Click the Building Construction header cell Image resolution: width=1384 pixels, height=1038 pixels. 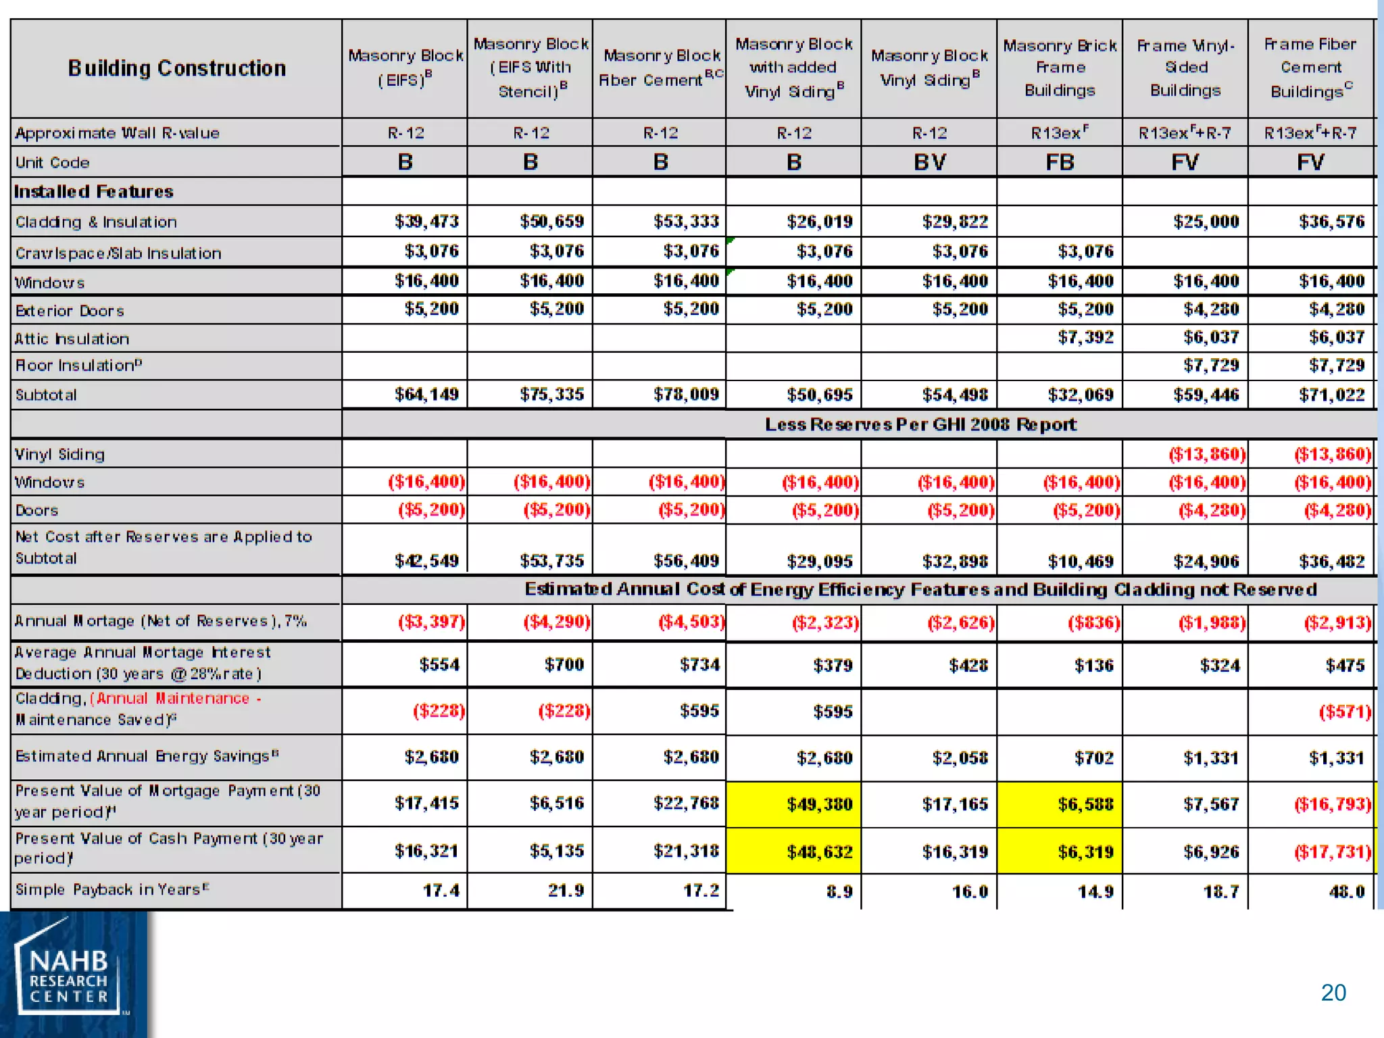tap(176, 68)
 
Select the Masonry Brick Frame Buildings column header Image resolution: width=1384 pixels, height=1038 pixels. tap(1059, 68)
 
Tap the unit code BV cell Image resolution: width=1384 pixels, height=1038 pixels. tap(929, 162)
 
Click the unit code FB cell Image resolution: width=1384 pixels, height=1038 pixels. tap(1059, 162)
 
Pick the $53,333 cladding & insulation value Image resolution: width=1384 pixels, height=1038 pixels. tap(685, 222)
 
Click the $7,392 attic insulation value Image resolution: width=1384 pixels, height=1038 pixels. tap(1085, 337)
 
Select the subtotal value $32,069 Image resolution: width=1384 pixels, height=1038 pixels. tap(1080, 395)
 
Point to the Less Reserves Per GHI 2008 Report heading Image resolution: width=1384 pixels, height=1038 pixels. tap(920, 424)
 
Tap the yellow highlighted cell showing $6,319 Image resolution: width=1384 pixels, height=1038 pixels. tap(1085, 852)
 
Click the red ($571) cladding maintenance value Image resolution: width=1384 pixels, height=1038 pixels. tap(1344, 712)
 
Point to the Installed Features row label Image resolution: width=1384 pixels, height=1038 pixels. tap(94, 192)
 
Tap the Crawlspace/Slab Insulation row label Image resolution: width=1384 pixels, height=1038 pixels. tap(118, 253)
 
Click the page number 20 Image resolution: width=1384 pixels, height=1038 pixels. tap(1333, 993)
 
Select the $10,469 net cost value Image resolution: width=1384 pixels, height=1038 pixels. tap(1080, 562)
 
